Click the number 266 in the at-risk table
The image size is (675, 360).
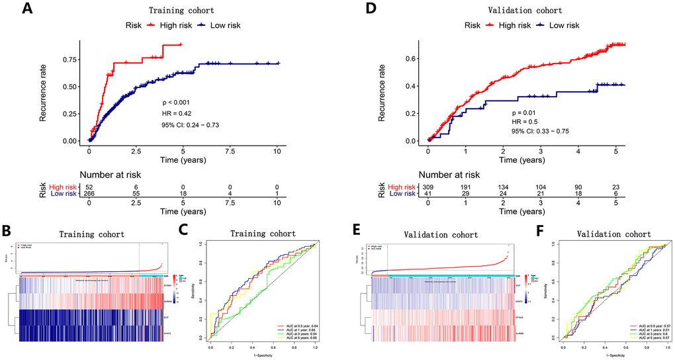click(89, 193)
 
